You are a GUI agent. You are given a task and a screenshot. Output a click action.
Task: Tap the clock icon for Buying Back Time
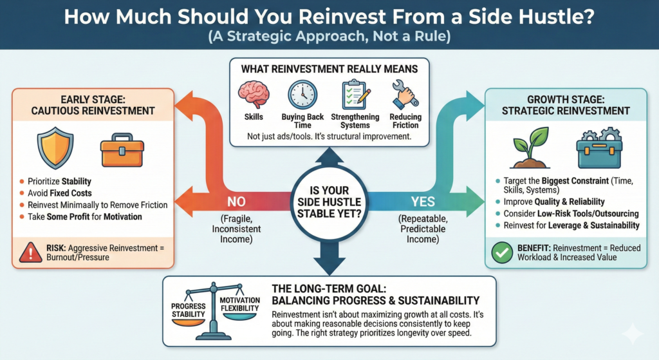pyautogui.click(x=302, y=94)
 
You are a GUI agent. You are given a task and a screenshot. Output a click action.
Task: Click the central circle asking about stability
pyautogui.click(x=329, y=200)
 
